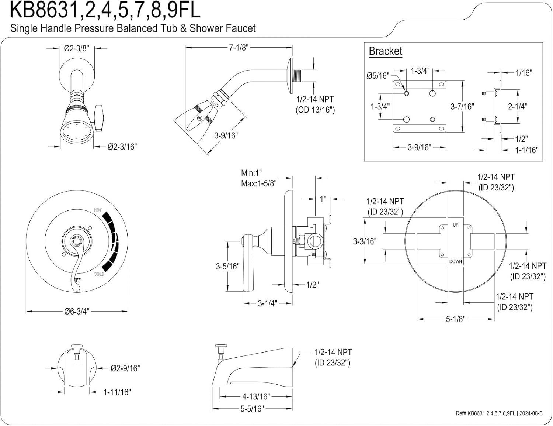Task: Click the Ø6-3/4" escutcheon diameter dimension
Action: click(x=77, y=311)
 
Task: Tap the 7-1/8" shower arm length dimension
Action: click(x=239, y=47)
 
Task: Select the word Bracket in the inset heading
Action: click(x=385, y=51)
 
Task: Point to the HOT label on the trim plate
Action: click(x=98, y=210)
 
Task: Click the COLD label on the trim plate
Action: click(x=99, y=274)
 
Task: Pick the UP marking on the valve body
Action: click(x=456, y=225)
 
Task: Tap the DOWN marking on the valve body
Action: click(x=456, y=261)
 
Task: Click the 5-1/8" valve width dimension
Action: click(x=456, y=319)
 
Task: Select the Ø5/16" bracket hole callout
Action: click(x=378, y=76)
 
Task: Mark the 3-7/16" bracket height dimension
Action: click(x=462, y=106)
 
